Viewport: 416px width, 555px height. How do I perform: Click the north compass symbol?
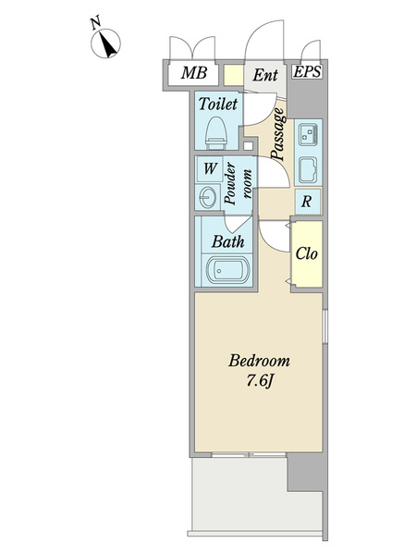coord(105,43)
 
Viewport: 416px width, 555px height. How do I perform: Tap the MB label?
coord(194,73)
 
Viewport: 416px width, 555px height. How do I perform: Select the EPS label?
coord(307,72)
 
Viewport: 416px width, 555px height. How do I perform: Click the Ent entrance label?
coord(265,75)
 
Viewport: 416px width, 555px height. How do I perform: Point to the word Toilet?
coord(217,104)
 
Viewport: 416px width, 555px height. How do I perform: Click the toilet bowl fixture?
coord(215,133)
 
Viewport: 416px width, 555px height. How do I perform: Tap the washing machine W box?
coord(209,169)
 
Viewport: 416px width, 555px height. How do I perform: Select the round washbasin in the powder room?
coord(207,198)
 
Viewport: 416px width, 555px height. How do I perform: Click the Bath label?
coord(227,242)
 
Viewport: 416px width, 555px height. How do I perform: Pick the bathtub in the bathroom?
coord(227,271)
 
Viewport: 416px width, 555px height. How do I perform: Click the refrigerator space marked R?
coord(308,202)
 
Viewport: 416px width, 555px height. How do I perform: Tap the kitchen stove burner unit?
coord(308,134)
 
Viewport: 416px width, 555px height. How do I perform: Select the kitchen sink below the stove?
coord(308,170)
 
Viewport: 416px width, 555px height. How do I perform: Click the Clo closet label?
coord(306,253)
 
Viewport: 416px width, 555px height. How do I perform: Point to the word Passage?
coord(278,134)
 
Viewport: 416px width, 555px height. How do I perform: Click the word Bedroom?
coord(259,361)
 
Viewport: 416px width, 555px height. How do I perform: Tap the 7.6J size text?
coord(260,381)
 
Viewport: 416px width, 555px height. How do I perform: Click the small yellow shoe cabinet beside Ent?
coord(234,75)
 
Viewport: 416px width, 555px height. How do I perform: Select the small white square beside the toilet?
coord(249,146)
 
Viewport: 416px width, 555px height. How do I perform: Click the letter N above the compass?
coord(95,22)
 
